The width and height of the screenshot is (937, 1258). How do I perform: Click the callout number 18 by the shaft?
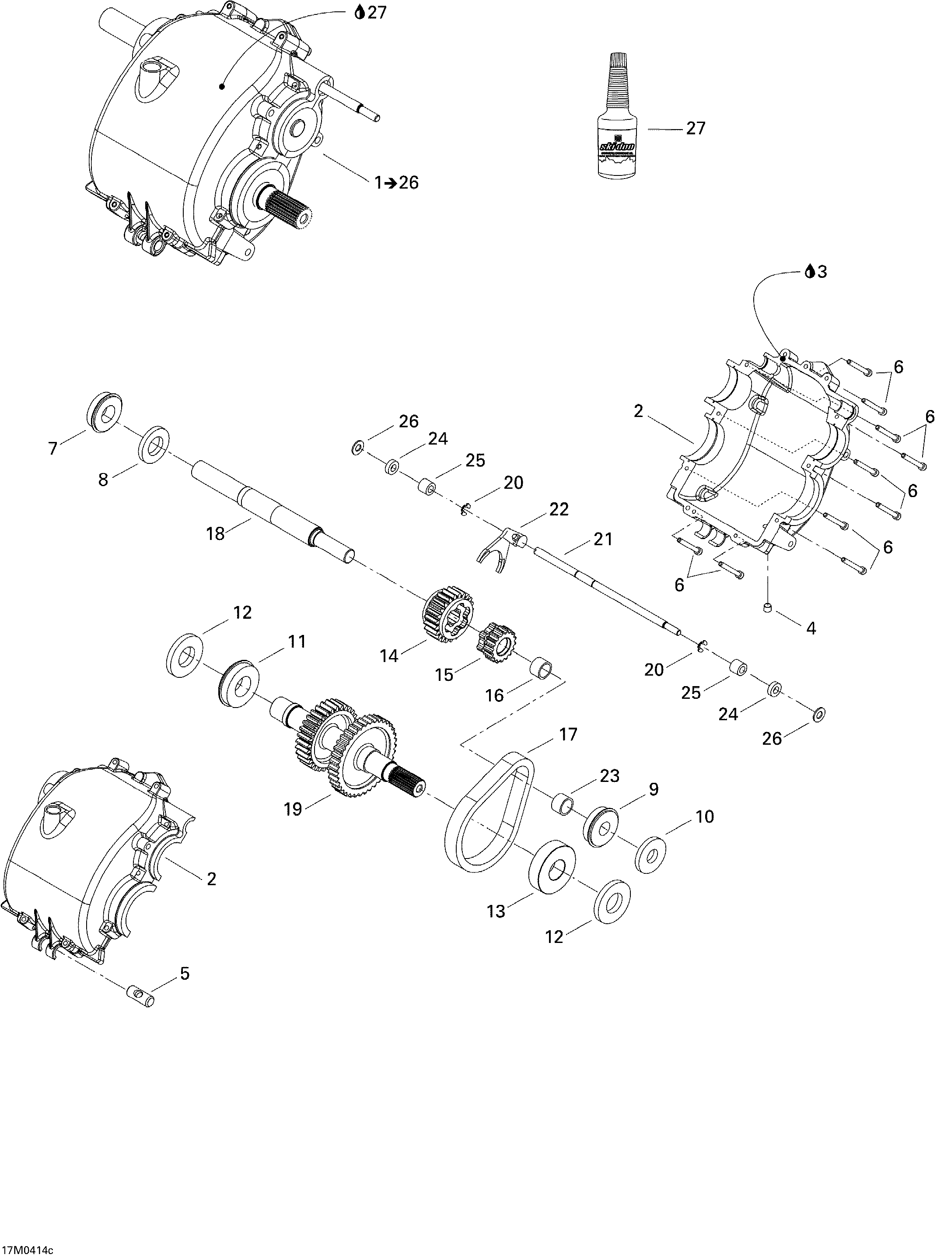216,533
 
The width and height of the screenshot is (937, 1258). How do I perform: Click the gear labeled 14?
447,615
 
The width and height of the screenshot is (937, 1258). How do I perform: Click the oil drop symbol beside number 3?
810,272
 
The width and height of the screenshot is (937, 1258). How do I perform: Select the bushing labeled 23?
563,805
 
